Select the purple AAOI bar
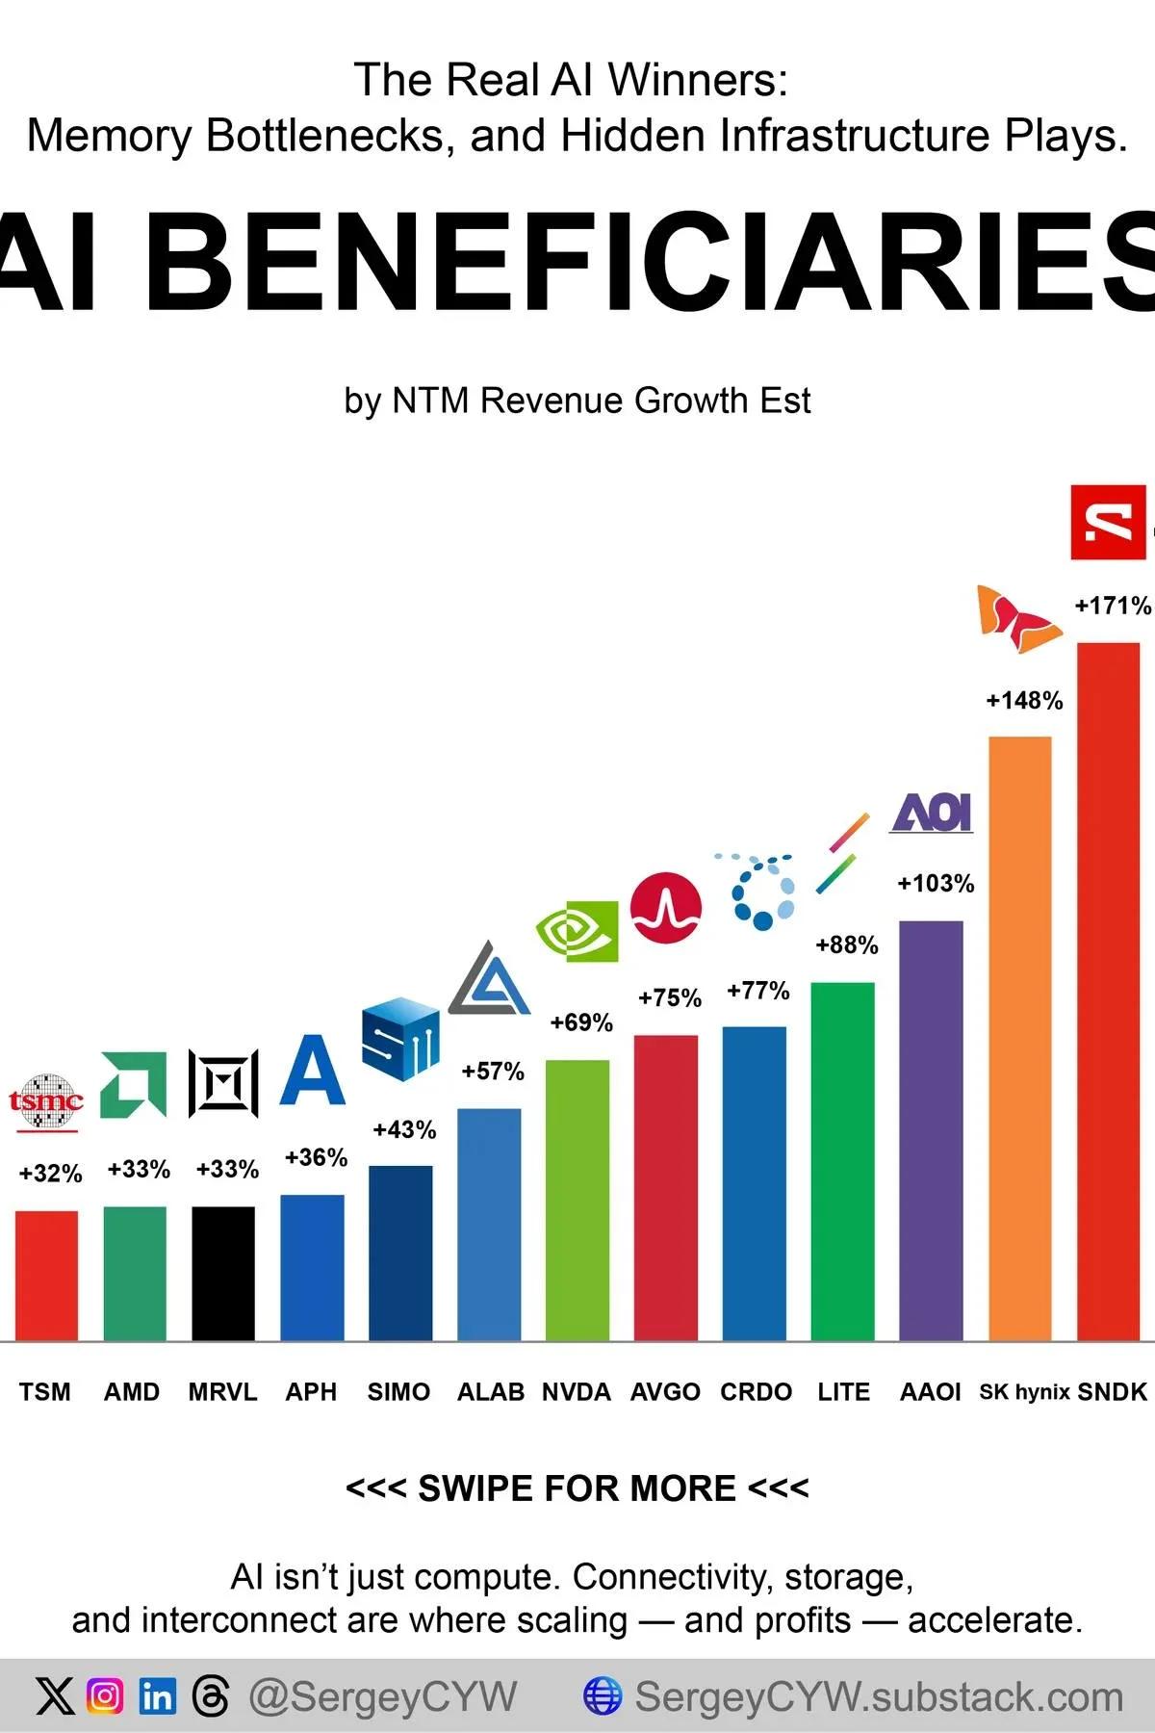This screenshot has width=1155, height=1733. click(x=931, y=1130)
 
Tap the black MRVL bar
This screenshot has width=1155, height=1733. click(x=223, y=1273)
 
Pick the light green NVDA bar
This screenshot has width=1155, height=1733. click(x=577, y=1200)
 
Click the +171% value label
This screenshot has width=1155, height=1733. click(x=1112, y=606)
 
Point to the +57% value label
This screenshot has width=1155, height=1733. click(x=493, y=1072)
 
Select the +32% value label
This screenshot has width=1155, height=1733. click(x=50, y=1174)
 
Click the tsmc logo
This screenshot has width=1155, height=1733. click(x=46, y=1100)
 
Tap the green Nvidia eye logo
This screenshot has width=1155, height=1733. click(x=577, y=931)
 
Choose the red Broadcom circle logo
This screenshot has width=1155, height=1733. click(x=666, y=908)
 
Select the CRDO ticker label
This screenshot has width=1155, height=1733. click(x=756, y=1392)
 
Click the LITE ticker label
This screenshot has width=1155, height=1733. click(x=843, y=1392)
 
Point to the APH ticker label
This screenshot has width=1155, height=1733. click(x=311, y=1392)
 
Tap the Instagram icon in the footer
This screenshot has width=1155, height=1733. click(x=105, y=1695)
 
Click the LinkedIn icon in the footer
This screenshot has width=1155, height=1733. click(x=157, y=1695)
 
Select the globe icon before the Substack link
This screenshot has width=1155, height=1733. click(x=603, y=1695)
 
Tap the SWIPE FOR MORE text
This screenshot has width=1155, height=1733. click(x=577, y=1488)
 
